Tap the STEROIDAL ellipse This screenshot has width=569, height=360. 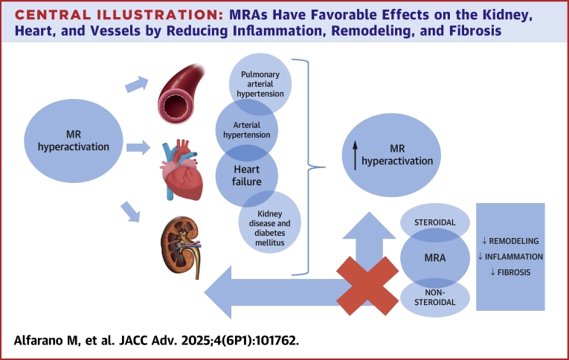(436, 222)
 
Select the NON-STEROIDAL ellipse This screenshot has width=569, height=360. (436, 296)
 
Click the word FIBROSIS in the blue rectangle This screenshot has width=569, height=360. (514, 272)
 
